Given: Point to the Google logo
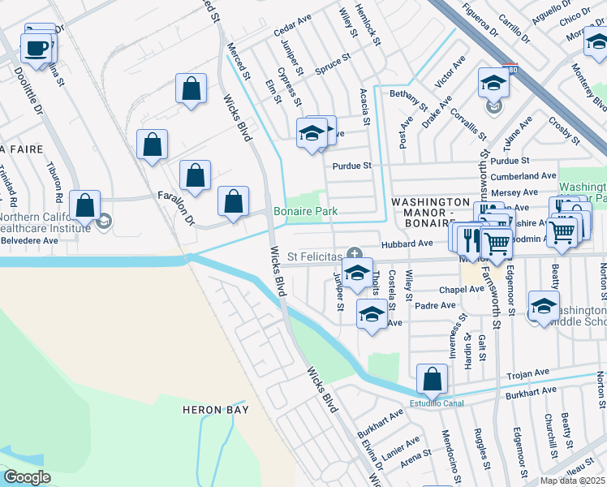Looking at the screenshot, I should click(26, 477).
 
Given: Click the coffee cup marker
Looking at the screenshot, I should click(36, 48).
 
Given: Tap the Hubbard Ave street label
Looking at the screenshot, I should click(414, 243).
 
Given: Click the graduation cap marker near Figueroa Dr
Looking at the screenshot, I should click(493, 84).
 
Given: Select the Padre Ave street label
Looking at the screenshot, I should click(437, 305).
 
